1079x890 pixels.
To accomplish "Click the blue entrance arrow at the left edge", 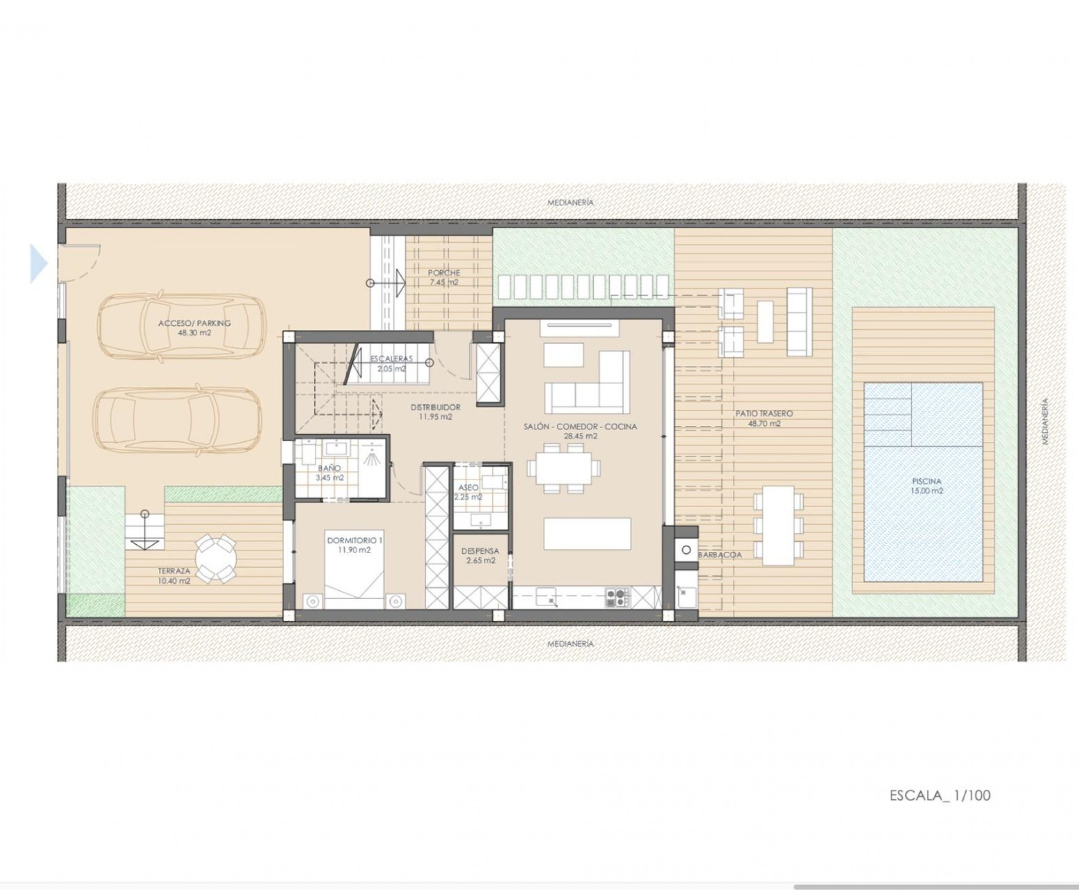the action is (38, 264).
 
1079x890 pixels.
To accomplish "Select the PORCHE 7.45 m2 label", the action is (444, 277).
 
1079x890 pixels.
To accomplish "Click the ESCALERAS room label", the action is (392, 359).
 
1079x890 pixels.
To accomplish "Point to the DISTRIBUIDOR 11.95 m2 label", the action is (435, 412).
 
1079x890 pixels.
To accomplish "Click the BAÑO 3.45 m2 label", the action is (330, 473).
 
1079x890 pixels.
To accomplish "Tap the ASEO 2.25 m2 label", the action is (468, 492).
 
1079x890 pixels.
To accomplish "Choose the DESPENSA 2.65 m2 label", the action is (480, 556).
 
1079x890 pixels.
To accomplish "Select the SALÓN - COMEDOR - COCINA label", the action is (580, 427).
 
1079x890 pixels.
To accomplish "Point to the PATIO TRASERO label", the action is (764, 413).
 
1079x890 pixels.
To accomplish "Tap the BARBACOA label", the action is (720, 555).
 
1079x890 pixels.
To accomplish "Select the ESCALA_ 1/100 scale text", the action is (940, 795).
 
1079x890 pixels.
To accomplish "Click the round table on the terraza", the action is (216, 558).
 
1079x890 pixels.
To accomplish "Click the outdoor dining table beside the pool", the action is (778, 525).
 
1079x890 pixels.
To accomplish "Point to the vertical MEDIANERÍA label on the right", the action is (1045, 422).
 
